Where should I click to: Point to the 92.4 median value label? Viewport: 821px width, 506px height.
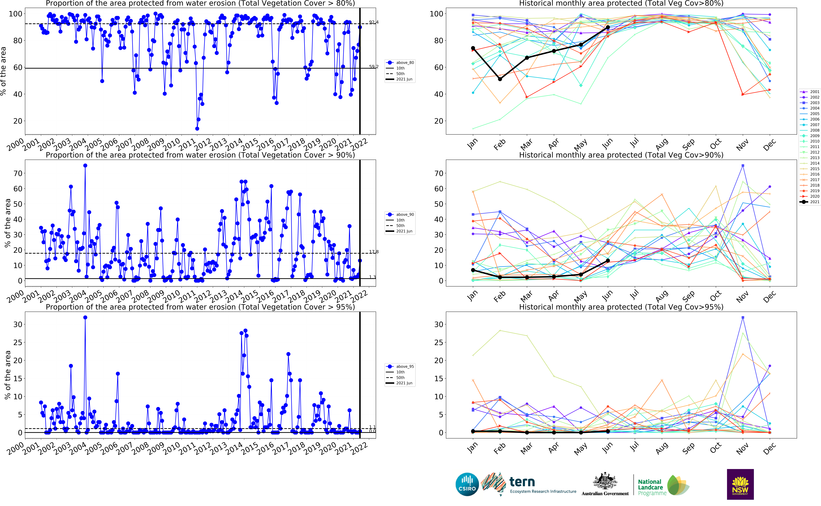(374, 22)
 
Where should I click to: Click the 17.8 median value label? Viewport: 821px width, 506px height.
(374, 252)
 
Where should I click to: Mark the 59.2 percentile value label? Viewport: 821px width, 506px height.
(374, 67)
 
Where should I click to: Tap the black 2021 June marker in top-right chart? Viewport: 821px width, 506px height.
(608, 27)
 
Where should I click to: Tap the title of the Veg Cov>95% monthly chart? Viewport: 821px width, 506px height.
(621, 307)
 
